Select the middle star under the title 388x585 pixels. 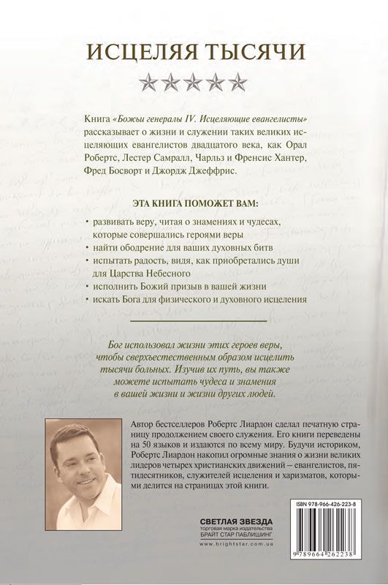tap(194, 79)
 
